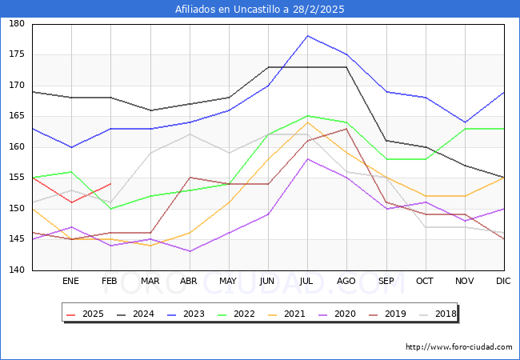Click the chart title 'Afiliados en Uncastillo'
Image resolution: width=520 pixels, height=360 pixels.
tap(260, 10)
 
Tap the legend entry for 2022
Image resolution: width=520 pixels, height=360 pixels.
tap(243, 314)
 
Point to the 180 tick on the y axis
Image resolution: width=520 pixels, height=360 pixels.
tap(17, 24)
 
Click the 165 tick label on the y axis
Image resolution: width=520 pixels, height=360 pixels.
tap(17, 117)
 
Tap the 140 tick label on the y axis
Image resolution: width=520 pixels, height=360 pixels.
tap(17, 270)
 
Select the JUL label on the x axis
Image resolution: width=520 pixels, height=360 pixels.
tap(307, 282)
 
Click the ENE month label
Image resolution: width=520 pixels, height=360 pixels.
tap(71, 282)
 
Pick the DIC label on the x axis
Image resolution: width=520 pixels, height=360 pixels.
tap(503, 282)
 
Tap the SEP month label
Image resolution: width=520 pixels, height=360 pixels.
tap(386, 282)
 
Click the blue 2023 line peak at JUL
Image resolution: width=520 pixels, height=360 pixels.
tap(307, 36)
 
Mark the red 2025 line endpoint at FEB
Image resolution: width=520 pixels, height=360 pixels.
tap(110, 184)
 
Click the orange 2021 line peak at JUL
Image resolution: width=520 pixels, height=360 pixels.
tap(307, 122)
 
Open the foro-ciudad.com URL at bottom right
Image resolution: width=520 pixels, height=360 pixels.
tap(458, 347)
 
